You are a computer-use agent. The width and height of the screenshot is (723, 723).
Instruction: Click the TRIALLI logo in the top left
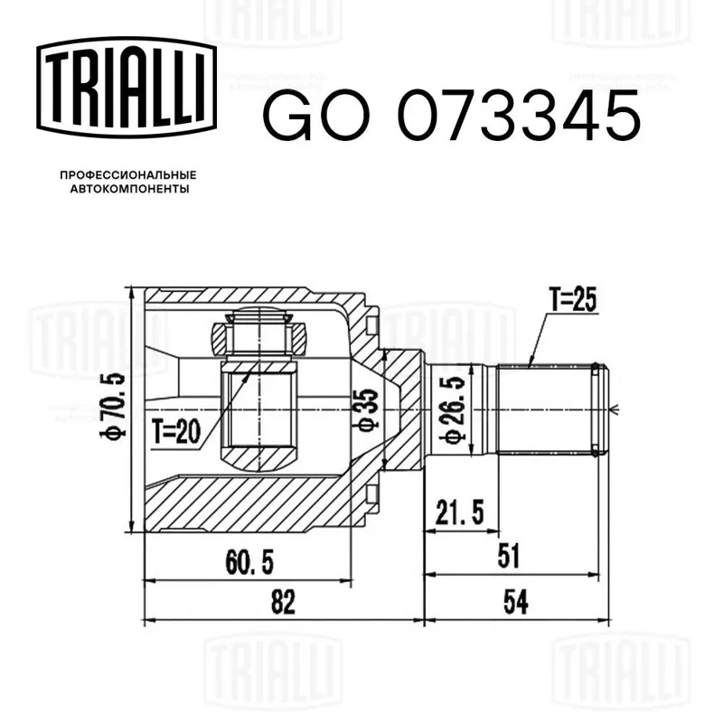coord(127,88)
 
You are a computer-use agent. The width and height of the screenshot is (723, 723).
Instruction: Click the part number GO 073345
coord(451,116)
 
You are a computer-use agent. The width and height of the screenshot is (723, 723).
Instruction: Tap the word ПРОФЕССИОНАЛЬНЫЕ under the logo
coord(128,175)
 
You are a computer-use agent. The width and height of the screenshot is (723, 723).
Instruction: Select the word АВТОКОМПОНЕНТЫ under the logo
coord(129,189)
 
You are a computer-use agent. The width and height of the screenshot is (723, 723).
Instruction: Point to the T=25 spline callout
coord(573,300)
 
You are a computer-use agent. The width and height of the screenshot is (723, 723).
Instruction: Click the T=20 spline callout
coord(177,433)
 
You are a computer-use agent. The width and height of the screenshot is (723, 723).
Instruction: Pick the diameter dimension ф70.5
coord(113,406)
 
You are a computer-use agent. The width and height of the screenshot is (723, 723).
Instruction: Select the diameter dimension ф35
coord(365,409)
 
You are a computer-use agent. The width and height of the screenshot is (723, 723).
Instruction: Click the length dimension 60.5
coord(249,562)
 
